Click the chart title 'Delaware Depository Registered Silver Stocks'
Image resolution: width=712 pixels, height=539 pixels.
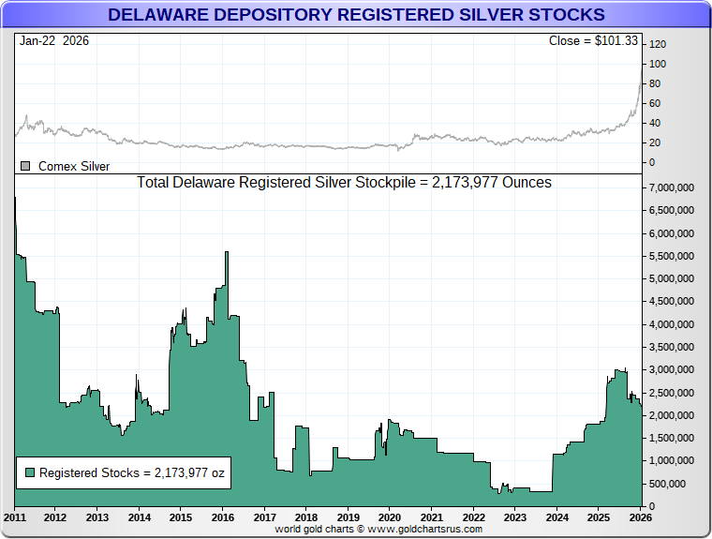pyautogui.click(x=356, y=15)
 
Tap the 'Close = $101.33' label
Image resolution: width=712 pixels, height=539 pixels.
pyautogui.click(x=593, y=41)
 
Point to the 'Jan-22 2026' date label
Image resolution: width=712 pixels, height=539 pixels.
pyautogui.click(x=54, y=41)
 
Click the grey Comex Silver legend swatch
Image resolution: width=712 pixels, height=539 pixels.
pyautogui.click(x=25, y=166)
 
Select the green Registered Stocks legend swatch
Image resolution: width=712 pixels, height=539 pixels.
pyautogui.click(x=30, y=473)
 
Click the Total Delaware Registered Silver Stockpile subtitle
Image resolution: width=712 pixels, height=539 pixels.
pyautogui.click(x=344, y=182)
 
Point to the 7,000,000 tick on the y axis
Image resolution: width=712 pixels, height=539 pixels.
pyautogui.click(x=673, y=187)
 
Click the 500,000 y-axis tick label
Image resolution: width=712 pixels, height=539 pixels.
pyautogui.click(x=676, y=484)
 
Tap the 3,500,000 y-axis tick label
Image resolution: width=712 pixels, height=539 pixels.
pyautogui.click(x=673, y=347)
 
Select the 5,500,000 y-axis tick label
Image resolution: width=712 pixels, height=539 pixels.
pyautogui.click(x=673, y=256)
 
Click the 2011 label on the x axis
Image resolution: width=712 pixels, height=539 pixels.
pyautogui.click(x=15, y=517)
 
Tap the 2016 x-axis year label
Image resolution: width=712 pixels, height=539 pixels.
pyautogui.click(x=223, y=517)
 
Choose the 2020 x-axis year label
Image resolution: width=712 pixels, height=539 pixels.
pyautogui.click(x=390, y=517)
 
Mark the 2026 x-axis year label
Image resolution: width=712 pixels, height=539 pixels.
pyautogui.click(x=641, y=517)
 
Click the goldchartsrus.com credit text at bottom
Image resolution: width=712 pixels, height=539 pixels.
pyautogui.click(x=378, y=530)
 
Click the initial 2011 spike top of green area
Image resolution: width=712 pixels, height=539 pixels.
pyautogui.click(x=15, y=198)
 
